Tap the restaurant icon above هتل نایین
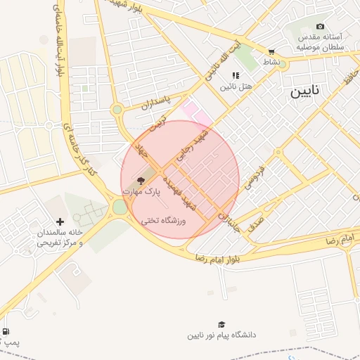(236, 75)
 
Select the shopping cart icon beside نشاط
(271, 51)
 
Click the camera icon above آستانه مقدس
(321, 26)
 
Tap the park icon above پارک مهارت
(141, 181)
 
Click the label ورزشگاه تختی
(162, 221)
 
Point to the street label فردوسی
(254, 176)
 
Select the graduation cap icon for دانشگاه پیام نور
(221, 324)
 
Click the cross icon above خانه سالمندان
(59, 221)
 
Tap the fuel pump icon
(6, 331)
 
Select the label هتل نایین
(236, 86)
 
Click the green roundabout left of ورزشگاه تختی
(120, 207)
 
